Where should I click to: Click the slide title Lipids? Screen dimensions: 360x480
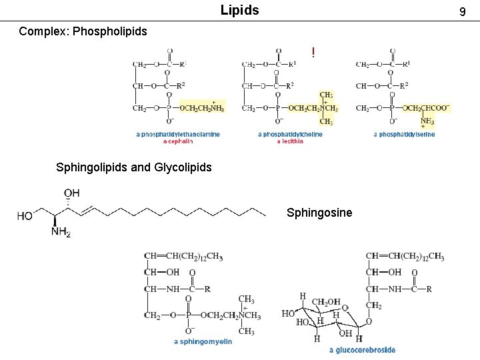[240, 11]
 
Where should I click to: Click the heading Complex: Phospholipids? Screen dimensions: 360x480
[83, 31]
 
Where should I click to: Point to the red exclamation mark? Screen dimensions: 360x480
[313, 52]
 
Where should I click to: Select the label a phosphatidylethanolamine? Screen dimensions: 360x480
[178, 134]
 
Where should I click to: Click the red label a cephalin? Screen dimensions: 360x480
[178, 141]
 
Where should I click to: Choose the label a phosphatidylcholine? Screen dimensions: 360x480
[290, 134]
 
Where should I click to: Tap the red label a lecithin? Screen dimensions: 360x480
[290, 141]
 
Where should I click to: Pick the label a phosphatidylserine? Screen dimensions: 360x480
[404, 134]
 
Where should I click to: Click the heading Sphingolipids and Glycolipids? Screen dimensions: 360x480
[134, 167]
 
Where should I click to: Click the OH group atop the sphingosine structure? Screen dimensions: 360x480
[71, 193]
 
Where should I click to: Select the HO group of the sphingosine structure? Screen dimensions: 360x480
[25, 216]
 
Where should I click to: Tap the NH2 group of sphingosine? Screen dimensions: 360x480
[61, 232]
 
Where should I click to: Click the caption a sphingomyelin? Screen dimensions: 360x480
[203, 342]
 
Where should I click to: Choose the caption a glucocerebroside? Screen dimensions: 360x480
[362, 350]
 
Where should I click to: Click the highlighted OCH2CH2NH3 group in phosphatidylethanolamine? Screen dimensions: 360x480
[202, 108]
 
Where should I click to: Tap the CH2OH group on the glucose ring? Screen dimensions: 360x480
[327, 303]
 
